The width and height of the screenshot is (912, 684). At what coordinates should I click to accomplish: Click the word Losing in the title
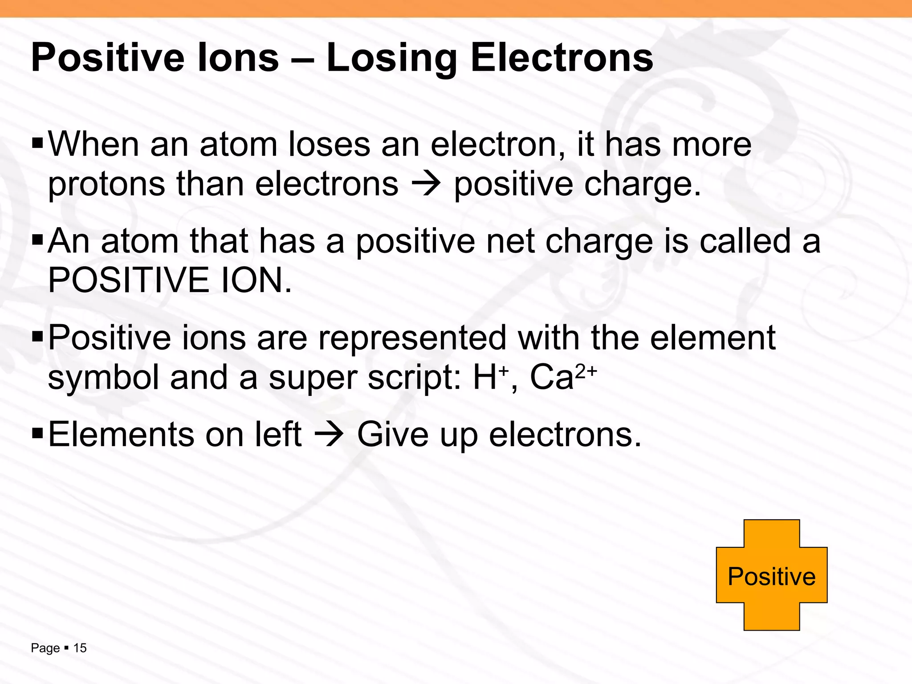(x=392, y=58)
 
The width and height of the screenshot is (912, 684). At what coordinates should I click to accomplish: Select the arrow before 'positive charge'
(x=426, y=183)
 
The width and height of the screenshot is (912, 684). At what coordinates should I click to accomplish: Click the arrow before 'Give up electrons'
(x=329, y=434)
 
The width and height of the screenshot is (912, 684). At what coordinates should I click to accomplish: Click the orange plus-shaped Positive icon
(x=771, y=575)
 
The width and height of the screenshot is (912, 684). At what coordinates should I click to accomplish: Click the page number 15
(x=80, y=648)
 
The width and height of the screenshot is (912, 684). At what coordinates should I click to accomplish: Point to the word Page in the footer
(x=45, y=648)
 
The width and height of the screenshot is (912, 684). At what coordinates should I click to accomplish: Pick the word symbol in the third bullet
(x=103, y=377)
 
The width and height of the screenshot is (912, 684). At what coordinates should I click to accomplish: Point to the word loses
(x=330, y=145)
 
